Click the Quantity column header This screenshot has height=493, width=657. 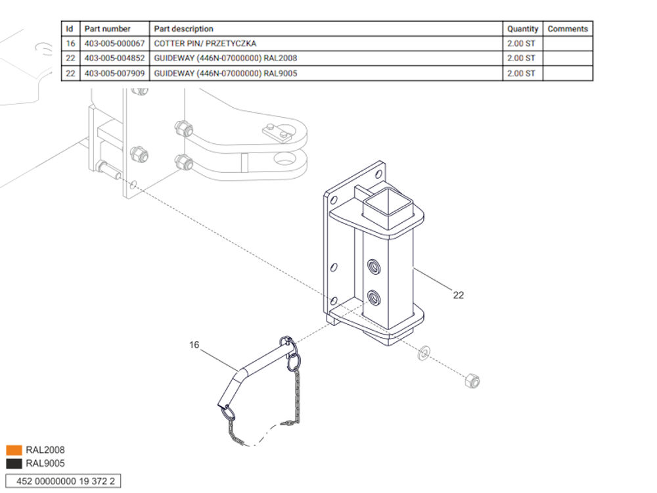pos(522,29)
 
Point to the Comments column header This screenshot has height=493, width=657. pos(567,29)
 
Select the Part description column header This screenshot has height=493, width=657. pos(183,29)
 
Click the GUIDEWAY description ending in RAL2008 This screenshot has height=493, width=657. pos(225,58)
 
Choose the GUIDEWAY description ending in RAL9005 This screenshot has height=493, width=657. pos(225,73)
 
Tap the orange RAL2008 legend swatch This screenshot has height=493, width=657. pos(14,450)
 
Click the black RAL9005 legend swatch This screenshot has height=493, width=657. pos(14,463)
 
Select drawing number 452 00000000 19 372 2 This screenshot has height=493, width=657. pos(63,481)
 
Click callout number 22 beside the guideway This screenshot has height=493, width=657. pos(458,295)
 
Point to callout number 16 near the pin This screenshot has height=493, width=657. pos(194,344)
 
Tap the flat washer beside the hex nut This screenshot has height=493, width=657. pos(424,353)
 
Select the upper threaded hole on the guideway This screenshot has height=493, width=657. pos(374,267)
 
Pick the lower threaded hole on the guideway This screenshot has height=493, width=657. pos(374,297)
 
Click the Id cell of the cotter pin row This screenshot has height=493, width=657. pos(70,43)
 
